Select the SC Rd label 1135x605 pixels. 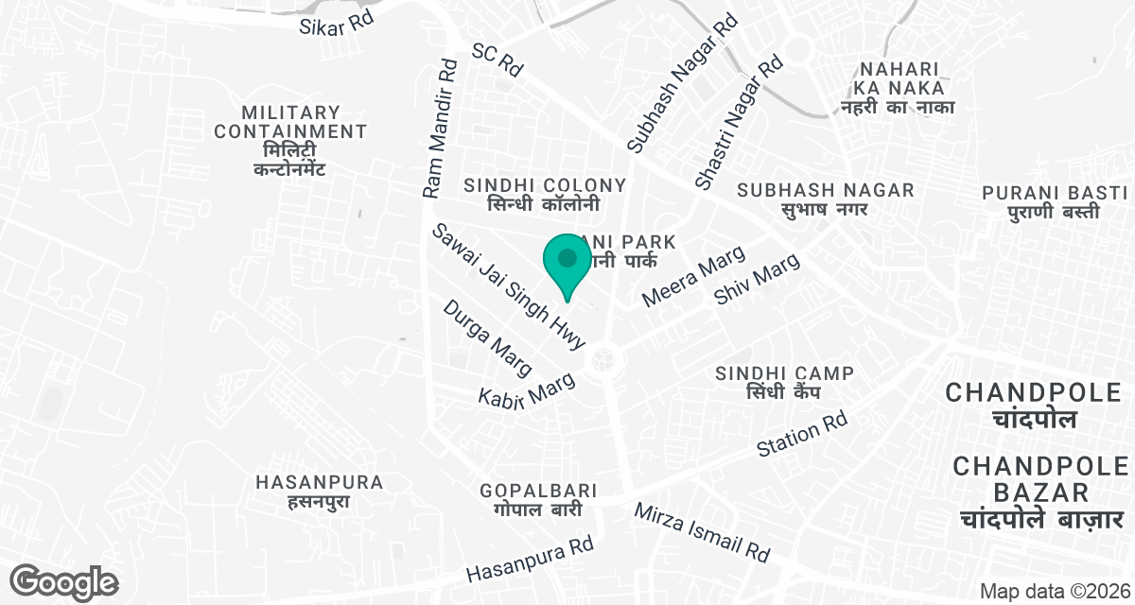(498, 59)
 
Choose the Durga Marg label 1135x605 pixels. (489, 337)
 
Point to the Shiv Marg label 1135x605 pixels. (758, 279)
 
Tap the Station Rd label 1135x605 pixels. (802, 435)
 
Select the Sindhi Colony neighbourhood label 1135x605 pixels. (544, 194)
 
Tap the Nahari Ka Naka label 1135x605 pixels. (898, 87)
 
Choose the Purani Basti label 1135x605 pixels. (1040, 201)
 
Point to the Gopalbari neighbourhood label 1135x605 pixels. (537, 500)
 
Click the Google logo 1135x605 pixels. (64, 581)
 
